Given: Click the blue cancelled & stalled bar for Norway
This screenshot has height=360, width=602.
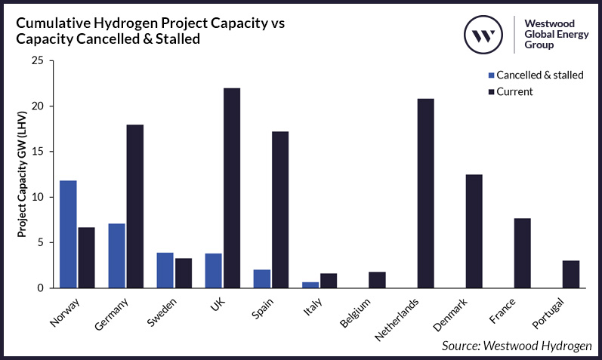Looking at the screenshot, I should tap(68, 234).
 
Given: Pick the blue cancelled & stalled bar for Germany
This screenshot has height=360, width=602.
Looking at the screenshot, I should tap(116, 256).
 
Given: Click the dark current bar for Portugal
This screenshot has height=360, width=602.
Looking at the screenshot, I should tap(570, 274).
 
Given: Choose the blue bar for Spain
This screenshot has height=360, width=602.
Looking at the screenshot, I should tap(261, 278).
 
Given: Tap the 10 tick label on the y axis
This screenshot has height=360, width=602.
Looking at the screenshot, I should tap(41, 197).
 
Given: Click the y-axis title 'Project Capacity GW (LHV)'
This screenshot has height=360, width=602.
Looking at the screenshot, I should tap(22, 174).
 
